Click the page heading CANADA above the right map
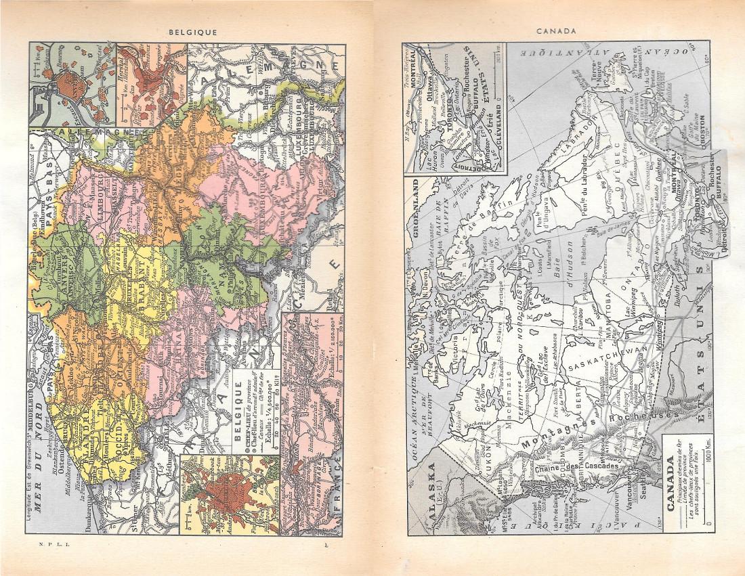(x=555, y=30)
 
